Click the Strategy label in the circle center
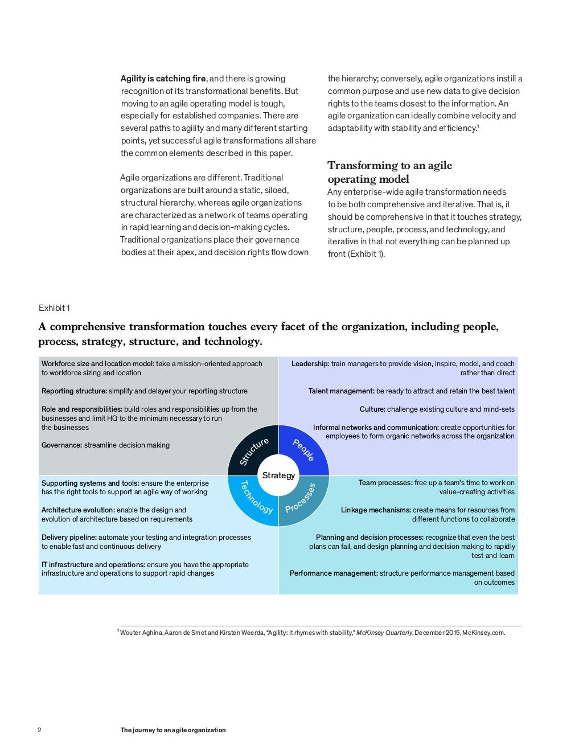(x=278, y=475)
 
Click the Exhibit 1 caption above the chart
(x=54, y=308)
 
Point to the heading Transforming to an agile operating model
(x=389, y=172)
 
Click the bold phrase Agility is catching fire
(x=163, y=79)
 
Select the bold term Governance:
(x=61, y=445)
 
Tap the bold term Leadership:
(x=310, y=364)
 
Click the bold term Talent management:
(x=341, y=391)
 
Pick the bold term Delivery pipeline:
(x=69, y=537)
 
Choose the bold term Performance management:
(x=334, y=573)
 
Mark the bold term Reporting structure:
(x=74, y=391)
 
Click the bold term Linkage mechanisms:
(x=376, y=510)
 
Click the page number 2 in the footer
(x=39, y=730)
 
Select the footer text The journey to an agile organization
(x=173, y=730)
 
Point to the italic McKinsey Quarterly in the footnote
(x=384, y=633)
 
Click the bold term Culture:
(x=372, y=409)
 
